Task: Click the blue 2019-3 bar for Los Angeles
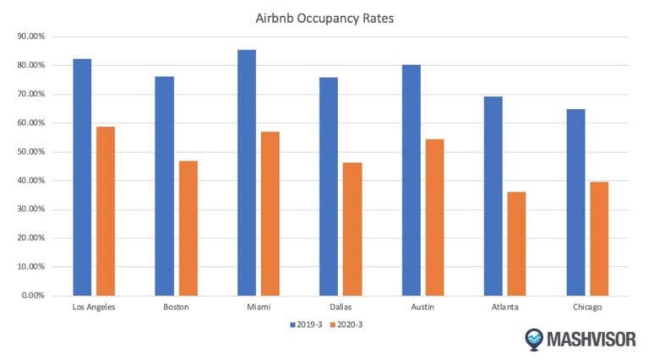point(82,177)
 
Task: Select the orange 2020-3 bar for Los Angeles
point(106,211)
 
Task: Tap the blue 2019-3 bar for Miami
point(247,172)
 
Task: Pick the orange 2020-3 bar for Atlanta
point(516,243)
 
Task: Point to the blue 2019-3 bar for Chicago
point(575,202)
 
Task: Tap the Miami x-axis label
point(259,307)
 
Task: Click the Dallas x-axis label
point(341,307)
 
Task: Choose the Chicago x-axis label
point(587,307)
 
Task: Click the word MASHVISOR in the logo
point(589,340)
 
